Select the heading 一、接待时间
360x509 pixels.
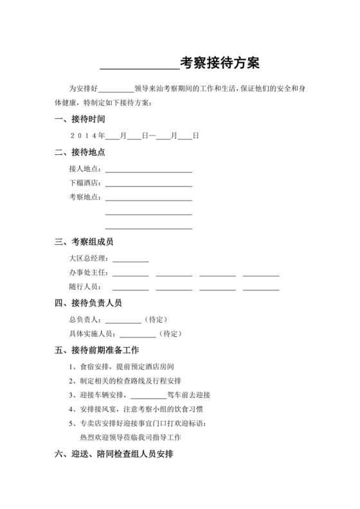80,120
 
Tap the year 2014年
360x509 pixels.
87,136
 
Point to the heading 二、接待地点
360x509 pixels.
80,153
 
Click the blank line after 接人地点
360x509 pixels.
148,171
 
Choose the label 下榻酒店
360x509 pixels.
85,184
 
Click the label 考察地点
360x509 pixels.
85,197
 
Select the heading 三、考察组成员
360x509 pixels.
84,242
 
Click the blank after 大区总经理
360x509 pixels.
131,260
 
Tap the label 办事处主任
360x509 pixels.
88,273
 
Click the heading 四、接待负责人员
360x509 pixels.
88,303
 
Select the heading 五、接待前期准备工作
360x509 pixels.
97,351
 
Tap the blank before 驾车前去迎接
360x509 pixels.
148,396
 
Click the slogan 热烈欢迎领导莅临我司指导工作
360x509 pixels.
130,438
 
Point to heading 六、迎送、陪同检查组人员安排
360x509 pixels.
114,454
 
